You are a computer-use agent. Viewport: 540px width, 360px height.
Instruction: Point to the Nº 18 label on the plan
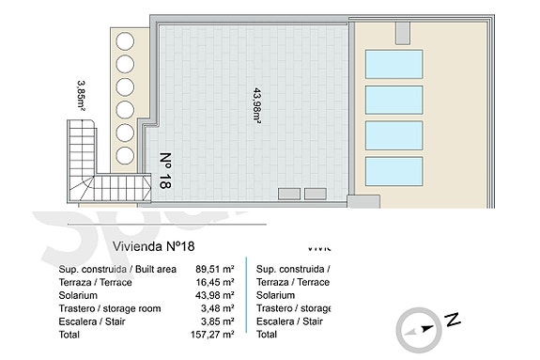165,171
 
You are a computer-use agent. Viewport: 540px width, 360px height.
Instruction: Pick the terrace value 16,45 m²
215,282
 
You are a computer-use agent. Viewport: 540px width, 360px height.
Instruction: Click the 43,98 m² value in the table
215,295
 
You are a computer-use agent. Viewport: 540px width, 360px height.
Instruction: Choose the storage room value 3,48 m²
218,308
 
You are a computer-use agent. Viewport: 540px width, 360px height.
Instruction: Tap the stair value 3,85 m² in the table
218,321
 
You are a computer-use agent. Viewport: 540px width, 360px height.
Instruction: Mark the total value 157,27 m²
212,334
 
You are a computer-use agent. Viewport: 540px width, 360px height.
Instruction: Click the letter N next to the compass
452,321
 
